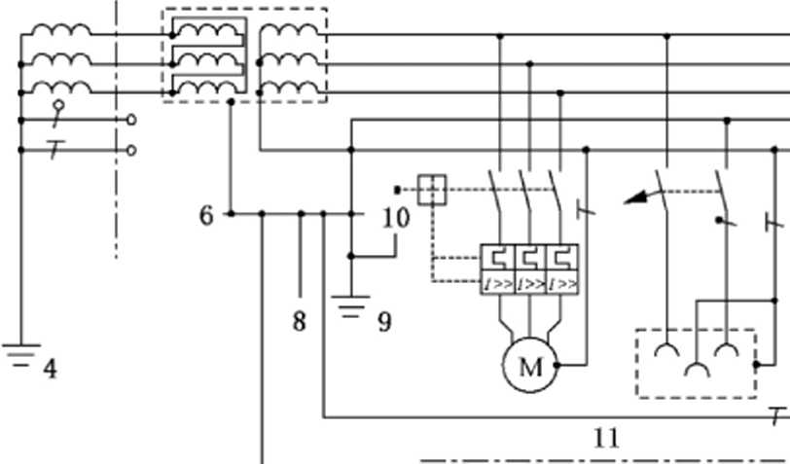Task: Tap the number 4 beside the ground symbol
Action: (50, 370)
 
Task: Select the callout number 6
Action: (206, 216)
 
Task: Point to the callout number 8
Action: (300, 321)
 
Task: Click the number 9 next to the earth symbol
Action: (384, 321)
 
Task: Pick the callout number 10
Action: (396, 218)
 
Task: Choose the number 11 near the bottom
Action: (606, 439)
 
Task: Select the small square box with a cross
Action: (432, 190)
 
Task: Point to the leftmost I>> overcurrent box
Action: (498, 285)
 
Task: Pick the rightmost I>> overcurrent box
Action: (562, 285)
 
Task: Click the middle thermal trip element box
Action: (530, 259)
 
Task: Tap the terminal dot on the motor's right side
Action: (557, 365)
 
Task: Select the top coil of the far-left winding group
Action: (61, 31)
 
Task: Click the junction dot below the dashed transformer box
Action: (231, 102)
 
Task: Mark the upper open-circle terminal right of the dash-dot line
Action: (131, 120)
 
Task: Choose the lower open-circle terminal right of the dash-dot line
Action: (131, 150)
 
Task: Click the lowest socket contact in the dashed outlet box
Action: (697, 369)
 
